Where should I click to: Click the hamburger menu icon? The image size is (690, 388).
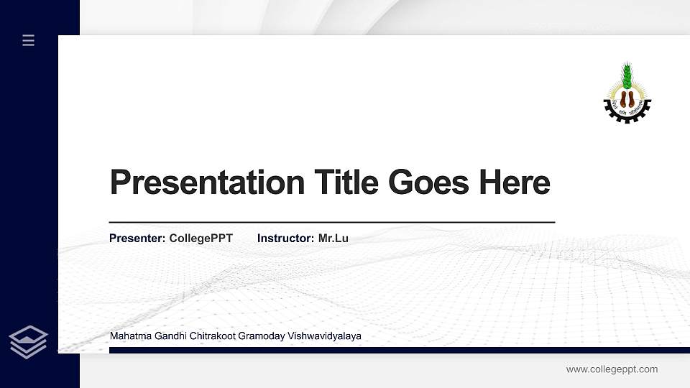click(x=29, y=40)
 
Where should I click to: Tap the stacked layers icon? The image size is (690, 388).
click(x=29, y=342)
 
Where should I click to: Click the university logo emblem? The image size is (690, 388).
click(x=627, y=93)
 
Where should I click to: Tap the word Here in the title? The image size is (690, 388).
click(x=515, y=182)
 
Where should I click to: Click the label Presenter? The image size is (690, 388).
click(x=137, y=239)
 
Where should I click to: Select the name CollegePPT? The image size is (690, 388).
click(x=201, y=239)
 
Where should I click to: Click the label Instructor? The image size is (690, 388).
click(x=285, y=239)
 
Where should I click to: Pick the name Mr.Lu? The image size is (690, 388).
click(x=333, y=239)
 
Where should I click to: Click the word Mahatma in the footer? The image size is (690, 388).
click(x=129, y=336)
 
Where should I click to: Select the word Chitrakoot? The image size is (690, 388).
click(x=213, y=336)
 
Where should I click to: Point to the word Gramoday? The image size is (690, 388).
click(x=262, y=336)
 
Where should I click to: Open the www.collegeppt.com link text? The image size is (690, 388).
click(x=612, y=369)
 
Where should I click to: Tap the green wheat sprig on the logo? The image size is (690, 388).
click(x=627, y=75)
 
